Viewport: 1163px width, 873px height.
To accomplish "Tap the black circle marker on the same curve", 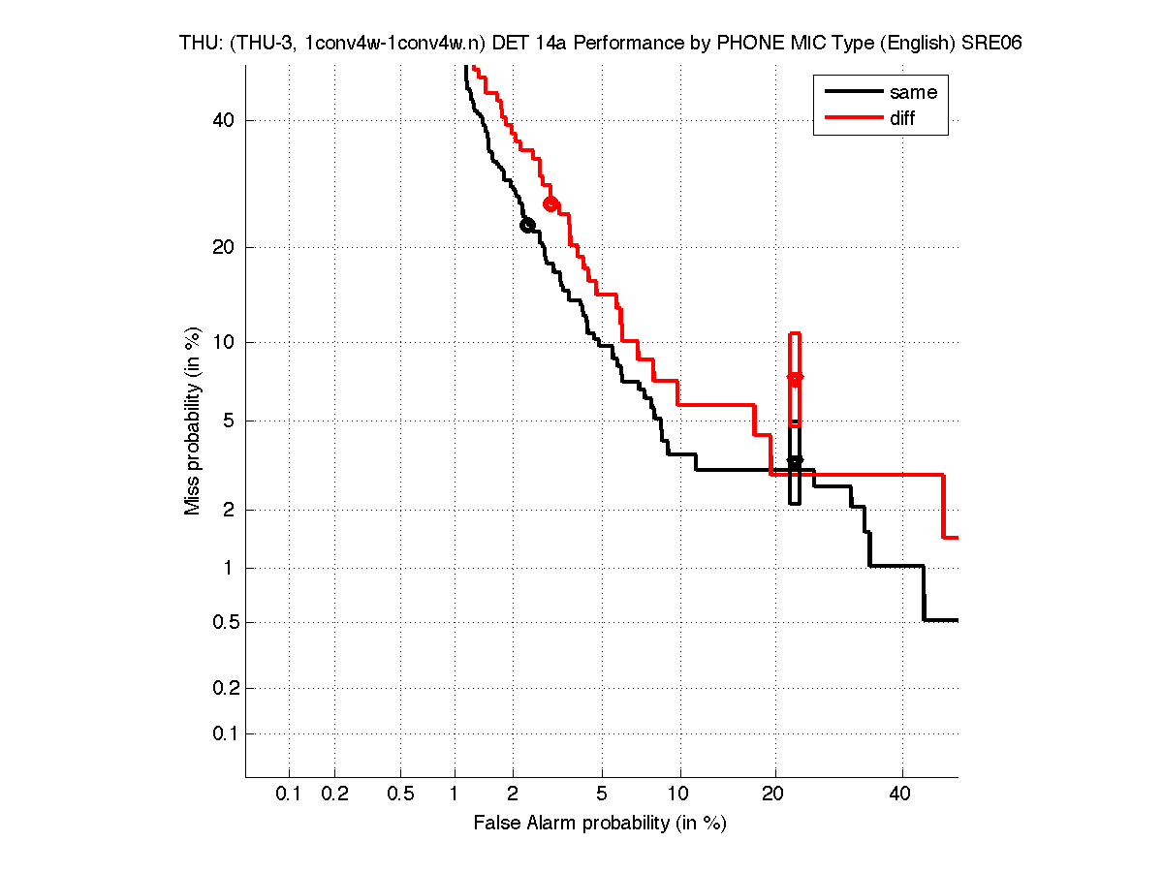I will (527, 225).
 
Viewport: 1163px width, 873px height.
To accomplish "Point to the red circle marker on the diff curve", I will (550, 203).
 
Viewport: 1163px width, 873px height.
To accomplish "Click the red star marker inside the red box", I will (796, 377).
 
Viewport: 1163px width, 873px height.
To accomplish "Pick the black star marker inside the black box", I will (795, 461).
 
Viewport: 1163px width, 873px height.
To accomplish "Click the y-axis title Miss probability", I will (193, 421).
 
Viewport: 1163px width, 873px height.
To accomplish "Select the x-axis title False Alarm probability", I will (600, 824).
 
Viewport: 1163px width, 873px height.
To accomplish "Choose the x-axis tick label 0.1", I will (289, 795).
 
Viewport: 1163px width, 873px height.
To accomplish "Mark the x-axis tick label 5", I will (602, 795).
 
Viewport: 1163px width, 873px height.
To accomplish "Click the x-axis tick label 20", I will (773, 795).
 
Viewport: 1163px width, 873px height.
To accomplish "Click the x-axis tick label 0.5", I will (400, 795).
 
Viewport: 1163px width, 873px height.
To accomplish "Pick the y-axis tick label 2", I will (230, 510).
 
